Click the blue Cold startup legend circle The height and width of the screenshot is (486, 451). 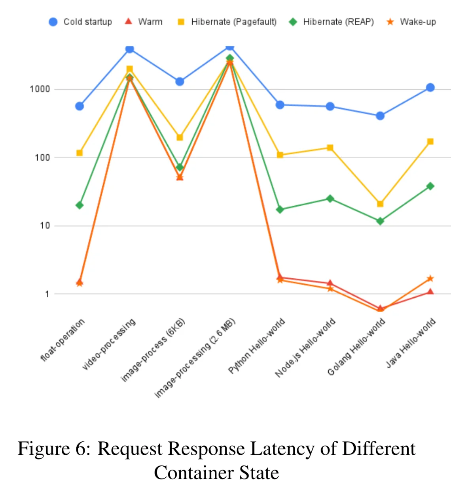coord(53,22)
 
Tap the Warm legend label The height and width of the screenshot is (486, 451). coord(150,22)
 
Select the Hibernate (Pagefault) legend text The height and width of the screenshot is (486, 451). coord(234,22)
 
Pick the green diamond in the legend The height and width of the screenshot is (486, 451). coord(293,22)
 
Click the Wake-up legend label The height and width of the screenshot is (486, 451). coord(418,22)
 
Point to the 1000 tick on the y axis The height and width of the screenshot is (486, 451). coord(40,89)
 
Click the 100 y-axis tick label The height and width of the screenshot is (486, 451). coord(42,158)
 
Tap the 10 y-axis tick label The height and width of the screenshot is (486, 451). coord(45,225)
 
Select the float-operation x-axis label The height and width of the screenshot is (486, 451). coord(62,340)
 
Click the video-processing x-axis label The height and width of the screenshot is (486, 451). coord(109,344)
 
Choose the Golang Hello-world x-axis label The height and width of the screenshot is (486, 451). coord(356,347)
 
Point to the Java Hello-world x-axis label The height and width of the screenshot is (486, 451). coord(411,343)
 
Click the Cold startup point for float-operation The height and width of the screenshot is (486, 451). coord(80,106)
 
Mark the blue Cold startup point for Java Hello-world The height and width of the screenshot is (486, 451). coord(430,87)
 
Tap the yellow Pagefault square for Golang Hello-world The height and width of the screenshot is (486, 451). coord(380,204)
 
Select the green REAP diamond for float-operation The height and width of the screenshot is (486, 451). coord(80,205)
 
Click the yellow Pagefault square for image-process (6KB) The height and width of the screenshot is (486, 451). coord(180,137)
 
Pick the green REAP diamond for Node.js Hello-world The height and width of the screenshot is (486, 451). coord(330,199)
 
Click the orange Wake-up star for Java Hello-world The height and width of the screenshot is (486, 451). coord(430,279)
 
